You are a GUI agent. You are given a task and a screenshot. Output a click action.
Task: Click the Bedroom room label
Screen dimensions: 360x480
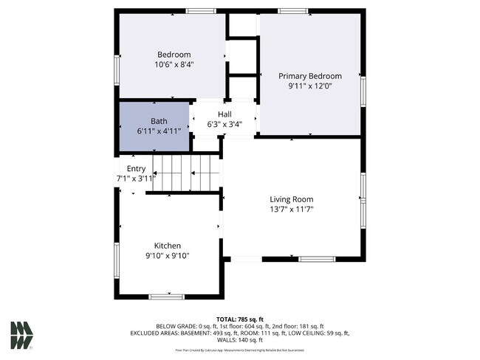pyautogui.click(x=174, y=55)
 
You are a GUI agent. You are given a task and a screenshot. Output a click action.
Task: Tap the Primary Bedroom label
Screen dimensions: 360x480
pyautogui.click(x=309, y=76)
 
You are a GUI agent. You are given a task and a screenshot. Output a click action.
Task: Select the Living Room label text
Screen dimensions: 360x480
pyautogui.click(x=291, y=199)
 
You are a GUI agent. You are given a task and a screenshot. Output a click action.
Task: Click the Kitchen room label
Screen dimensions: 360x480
pyautogui.click(x=167, y=246)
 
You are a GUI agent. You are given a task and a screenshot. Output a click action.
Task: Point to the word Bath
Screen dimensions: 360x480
pyautogui.click(x=159, y=121)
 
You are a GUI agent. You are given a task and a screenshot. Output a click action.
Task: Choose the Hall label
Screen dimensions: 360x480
pyautogui.click(x=224, y=114)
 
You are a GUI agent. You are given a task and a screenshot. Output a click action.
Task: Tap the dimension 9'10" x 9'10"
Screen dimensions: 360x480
pyautogui.click(x=167, y=256)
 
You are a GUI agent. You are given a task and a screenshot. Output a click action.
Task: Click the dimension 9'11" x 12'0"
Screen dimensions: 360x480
pyautogui.click(x=309, y=86)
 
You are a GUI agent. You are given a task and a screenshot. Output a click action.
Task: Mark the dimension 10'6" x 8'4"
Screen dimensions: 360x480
pyautogui.click(x=174, y=65)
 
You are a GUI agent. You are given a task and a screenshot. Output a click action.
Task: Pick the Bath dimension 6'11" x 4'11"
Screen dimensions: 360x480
pyautogui.click(x=159, y=131)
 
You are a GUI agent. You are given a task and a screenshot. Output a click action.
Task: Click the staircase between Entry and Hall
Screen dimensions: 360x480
pyautogui.click(x=185, y=173)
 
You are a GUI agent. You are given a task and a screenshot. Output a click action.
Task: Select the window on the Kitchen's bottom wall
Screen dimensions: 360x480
pyautogui.click(x=166, y=297)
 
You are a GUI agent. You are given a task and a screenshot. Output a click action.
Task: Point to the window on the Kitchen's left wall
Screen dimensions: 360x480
pyautogui.click(x=117, y=260)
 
